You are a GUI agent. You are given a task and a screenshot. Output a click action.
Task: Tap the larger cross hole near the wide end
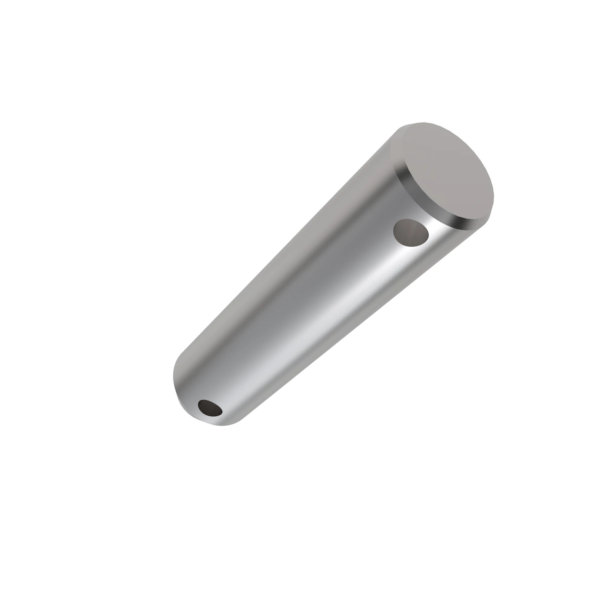tap(411, 232)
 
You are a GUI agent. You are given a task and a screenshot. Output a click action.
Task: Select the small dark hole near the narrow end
tap(210, 408)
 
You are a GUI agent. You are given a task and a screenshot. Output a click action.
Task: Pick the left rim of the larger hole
tap(394, 231)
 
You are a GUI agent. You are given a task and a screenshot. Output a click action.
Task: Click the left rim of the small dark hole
tap(198, 407)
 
